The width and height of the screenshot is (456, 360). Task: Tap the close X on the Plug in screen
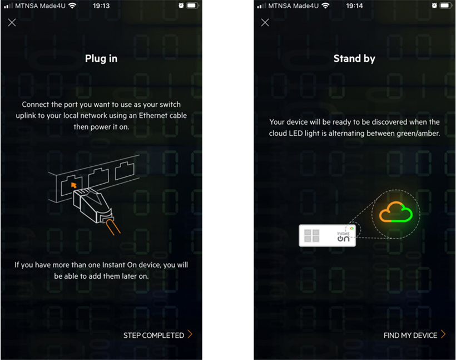pos(12,23)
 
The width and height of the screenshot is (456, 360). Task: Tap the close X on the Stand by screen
pos(265,23)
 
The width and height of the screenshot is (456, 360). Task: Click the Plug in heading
pos(101,58)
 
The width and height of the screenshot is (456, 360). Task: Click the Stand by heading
pos(354,58)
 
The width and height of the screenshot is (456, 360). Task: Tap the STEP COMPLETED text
pos(153,335)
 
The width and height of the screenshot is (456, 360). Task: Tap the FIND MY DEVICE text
pos(410,335)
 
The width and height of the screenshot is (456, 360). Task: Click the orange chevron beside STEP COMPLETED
pos(190,334)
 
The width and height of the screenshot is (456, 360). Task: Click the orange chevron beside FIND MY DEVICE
pos(443,334)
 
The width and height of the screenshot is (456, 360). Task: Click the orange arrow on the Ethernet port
pos(73,183)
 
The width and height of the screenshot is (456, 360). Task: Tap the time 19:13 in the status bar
pos(101,6)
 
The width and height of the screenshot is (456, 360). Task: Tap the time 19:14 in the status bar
pos(354,6)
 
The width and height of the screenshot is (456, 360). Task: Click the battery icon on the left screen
pos(192,6)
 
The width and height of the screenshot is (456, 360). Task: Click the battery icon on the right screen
pos(445,6)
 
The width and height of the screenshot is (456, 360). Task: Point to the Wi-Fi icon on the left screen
pos(73,6)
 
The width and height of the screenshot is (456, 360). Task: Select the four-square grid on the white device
pos(312,235)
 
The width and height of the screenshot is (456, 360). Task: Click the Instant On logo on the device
pos(343,236)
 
